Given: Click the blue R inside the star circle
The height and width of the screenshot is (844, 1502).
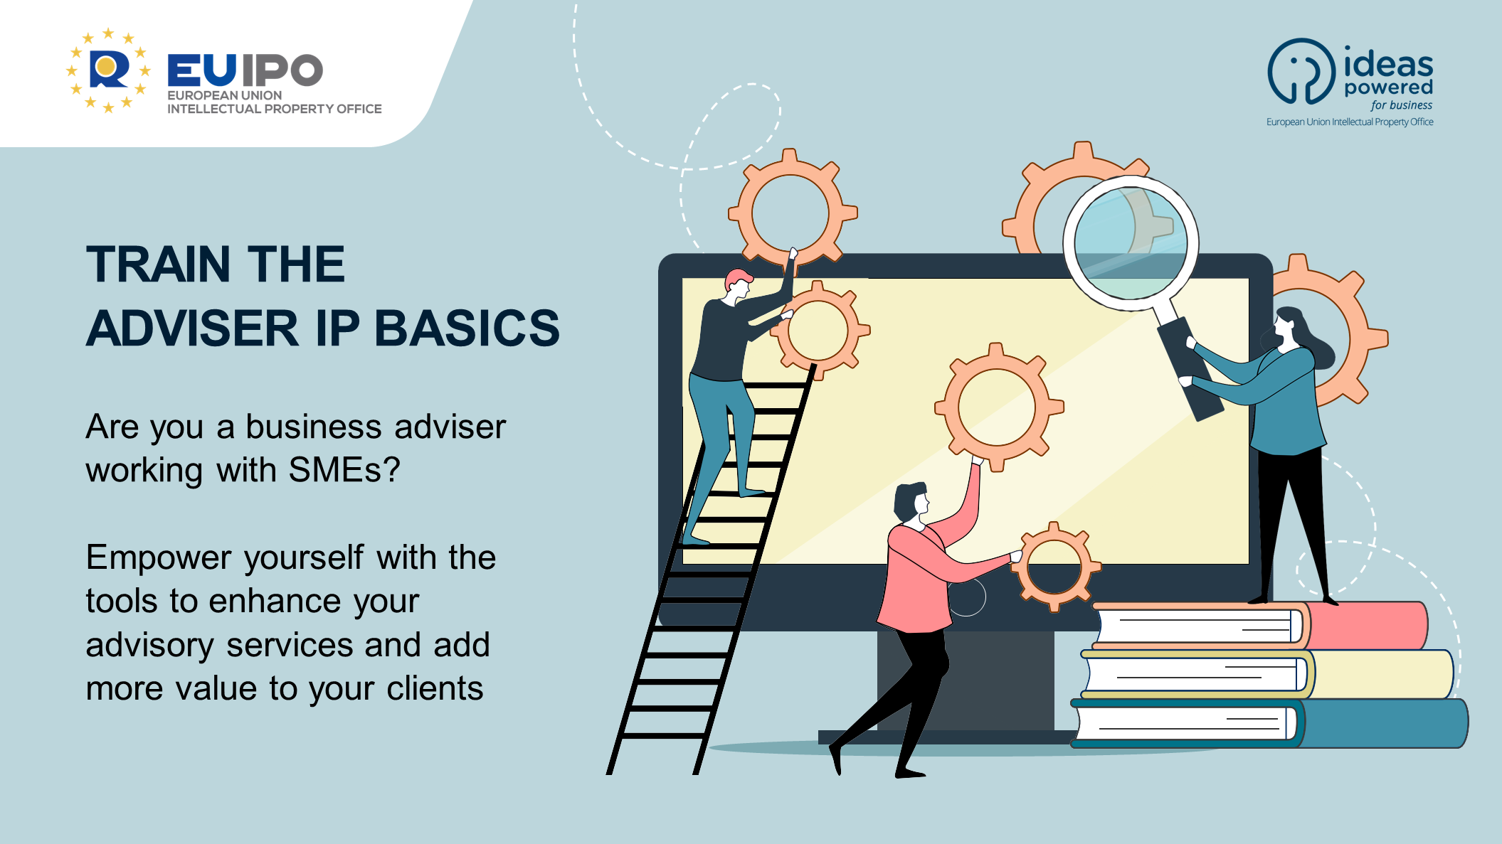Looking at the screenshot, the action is coord(109,70).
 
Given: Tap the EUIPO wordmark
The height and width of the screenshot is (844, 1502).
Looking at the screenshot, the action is coord(245,70).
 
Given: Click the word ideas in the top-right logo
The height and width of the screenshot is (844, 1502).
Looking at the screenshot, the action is coord(1388,62).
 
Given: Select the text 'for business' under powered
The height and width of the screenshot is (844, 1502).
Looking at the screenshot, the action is coord(1401,105).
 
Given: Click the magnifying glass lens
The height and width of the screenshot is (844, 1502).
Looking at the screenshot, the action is coord(1131,243).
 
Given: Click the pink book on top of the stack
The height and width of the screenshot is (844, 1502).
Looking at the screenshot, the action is coord(1259,626).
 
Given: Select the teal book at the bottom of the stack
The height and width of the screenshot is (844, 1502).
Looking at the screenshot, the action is coord(1269,723).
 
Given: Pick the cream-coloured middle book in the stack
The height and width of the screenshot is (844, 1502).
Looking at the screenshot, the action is coord(1266,674).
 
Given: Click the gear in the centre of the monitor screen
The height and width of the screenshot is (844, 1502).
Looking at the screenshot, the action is coord(998,407).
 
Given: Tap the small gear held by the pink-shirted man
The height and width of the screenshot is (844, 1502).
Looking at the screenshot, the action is coord(1055,567).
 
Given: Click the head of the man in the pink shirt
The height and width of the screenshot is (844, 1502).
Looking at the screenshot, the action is coord(911,503).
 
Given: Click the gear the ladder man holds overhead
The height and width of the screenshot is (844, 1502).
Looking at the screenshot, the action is coord(791,212).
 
